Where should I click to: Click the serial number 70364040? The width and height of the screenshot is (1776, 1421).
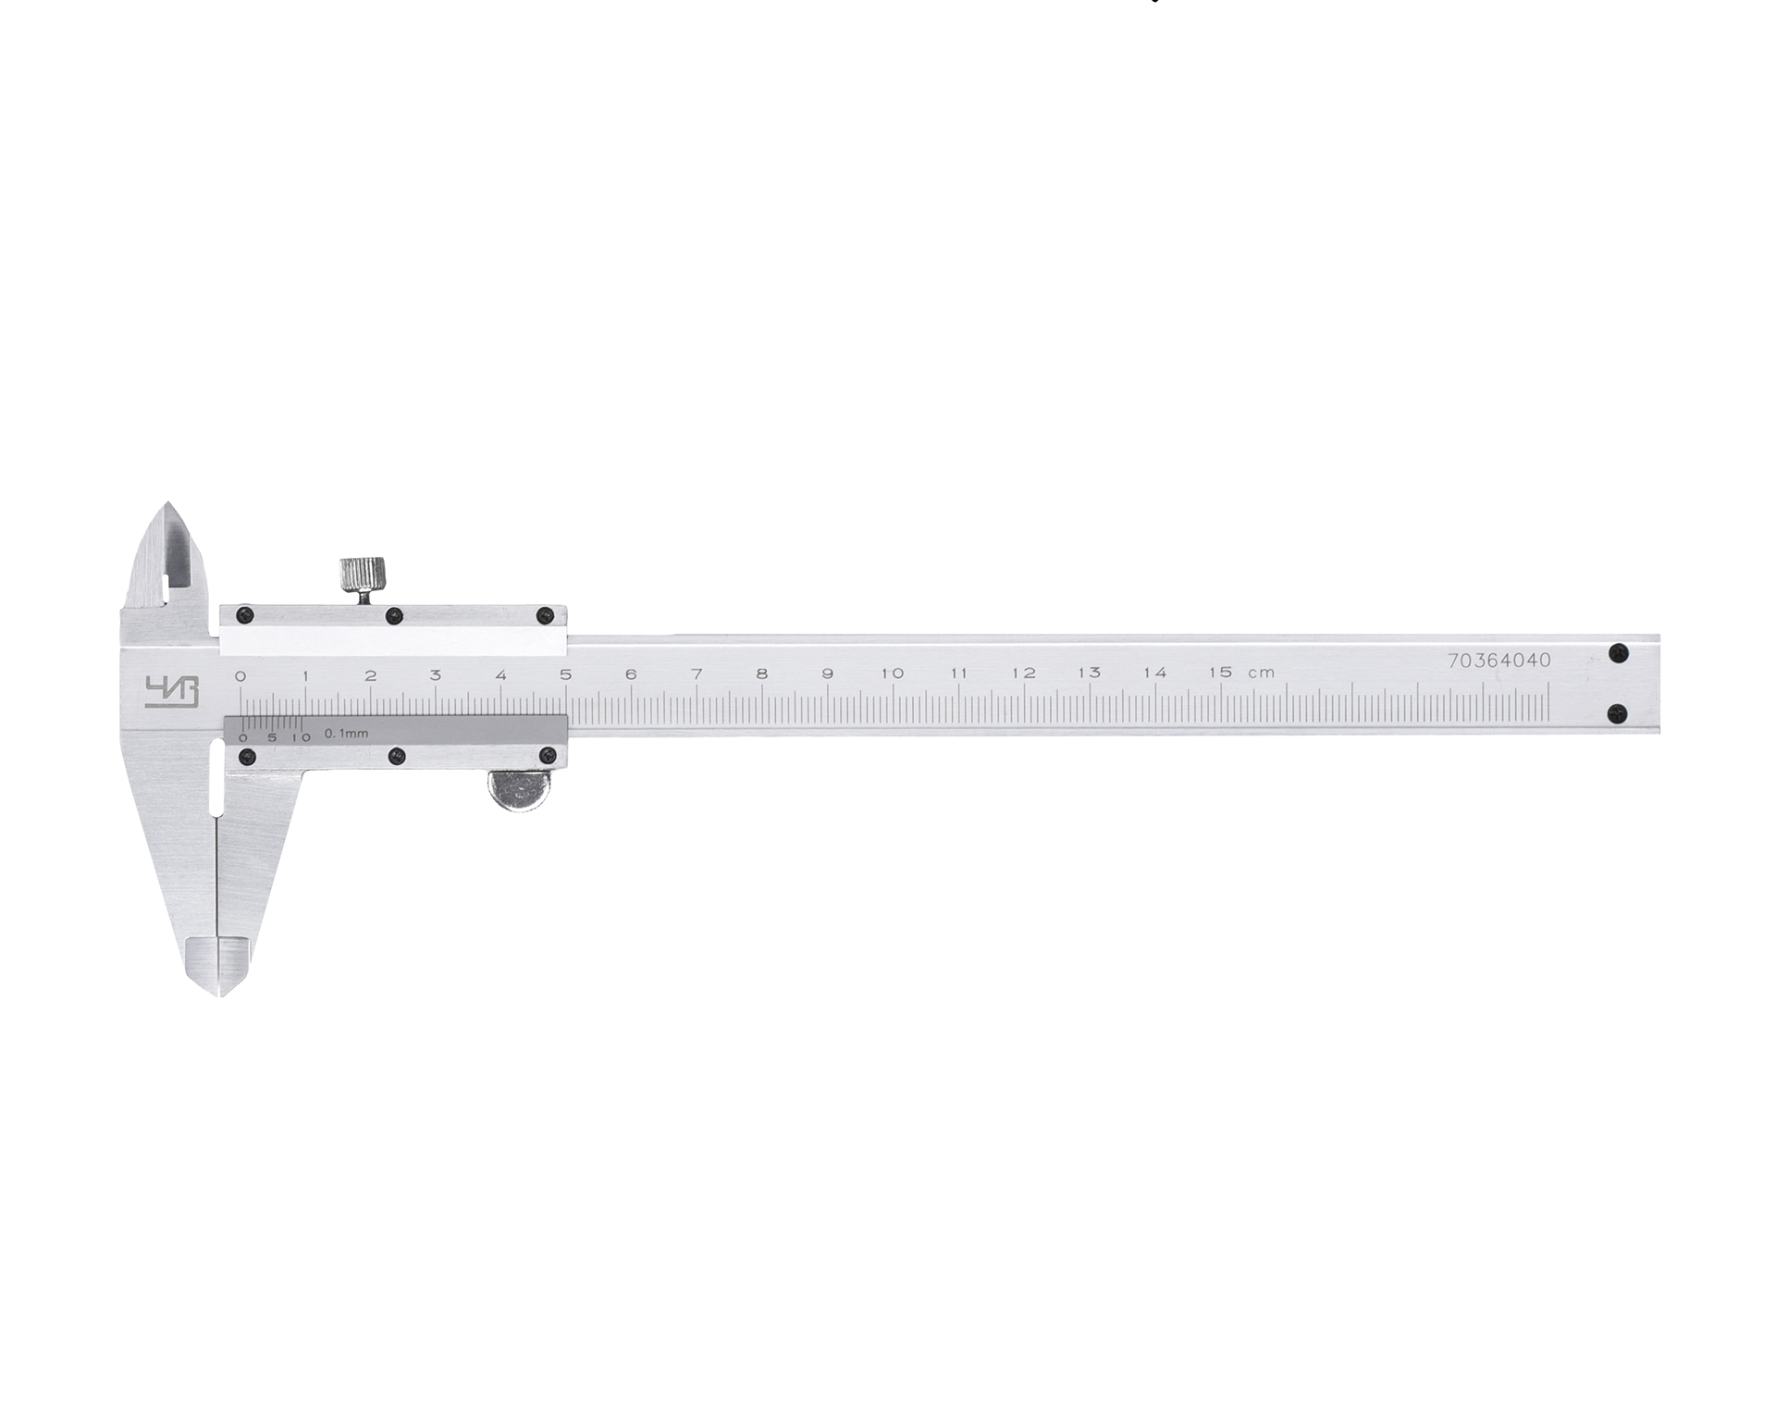point(1498,661)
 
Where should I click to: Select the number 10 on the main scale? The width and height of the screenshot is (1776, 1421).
point(892,673)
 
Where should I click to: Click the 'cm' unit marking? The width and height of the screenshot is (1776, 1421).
point(1261,673)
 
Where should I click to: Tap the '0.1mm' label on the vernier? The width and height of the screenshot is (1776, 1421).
point(346,734)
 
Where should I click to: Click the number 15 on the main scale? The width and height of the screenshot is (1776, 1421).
point(1220,673)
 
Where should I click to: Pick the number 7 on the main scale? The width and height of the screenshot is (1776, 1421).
point(697,673)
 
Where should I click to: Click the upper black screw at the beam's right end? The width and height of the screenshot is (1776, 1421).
point(1617,653)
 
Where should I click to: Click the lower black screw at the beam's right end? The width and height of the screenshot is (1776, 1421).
point(1617,712)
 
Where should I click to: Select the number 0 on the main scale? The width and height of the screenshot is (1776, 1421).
point(240,675)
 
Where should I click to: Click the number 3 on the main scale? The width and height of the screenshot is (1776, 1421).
point(436,674)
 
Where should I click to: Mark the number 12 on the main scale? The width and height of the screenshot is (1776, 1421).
point(1023,673)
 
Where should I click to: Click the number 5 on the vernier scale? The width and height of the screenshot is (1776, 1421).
point(271,737)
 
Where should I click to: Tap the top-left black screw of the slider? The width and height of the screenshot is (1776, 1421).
point(244,614)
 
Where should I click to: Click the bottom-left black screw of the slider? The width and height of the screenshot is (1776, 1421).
point(246,757)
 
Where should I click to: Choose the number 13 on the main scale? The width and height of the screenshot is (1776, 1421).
point(1089,673)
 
